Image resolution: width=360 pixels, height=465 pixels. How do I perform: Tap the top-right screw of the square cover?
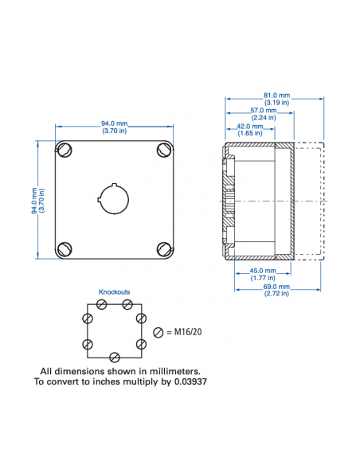[x=164, y=149]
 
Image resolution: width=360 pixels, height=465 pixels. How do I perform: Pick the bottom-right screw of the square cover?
[x=164, y=248]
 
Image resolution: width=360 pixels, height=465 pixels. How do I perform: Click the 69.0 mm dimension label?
[x=278, y=287]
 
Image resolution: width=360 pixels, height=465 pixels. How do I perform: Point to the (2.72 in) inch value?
[x=278, y=295]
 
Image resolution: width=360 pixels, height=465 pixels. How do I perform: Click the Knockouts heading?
[x=114, y=292]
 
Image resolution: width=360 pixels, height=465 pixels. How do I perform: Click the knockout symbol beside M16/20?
[x=159, y=331]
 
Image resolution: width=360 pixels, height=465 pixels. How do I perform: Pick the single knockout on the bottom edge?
[x=115, y=356]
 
